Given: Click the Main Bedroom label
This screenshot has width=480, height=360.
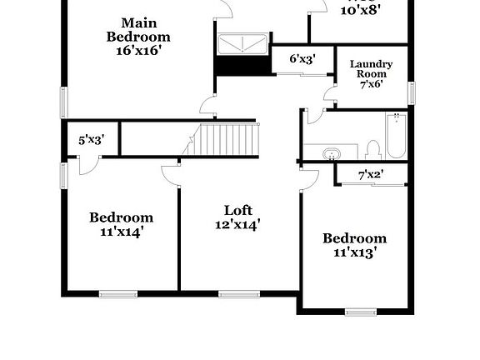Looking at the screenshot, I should click(x=138, y=29).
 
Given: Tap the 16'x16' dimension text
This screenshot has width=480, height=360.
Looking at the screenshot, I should click(x=138, y=50).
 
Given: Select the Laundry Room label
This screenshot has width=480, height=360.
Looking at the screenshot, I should click(x=371, y=68).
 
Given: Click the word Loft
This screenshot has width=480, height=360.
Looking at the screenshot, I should click(x=237, y=210).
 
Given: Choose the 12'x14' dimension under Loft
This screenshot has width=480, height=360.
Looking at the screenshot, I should click(x=237, y=224).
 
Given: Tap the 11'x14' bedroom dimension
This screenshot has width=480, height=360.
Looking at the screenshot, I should click(x=122, y=232).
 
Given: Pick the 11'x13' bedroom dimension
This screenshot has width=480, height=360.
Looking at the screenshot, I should click(x=355, y=252).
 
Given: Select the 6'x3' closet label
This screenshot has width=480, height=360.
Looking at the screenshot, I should click(x=302, y=59).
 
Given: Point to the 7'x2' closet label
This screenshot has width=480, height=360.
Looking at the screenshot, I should click(x=370, y=175).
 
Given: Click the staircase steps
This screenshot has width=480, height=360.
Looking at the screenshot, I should click(x=228, y=137).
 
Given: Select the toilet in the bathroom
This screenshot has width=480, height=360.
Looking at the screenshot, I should click(x=372, y=150).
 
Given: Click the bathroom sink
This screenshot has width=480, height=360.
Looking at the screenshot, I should click(x=332, y=153).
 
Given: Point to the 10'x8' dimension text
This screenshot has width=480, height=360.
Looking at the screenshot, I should click(x=362, y=8).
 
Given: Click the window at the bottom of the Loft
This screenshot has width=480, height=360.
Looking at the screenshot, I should click(x=237, y=293).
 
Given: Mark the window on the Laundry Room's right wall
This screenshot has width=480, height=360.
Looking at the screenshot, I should click(x=411, y=92).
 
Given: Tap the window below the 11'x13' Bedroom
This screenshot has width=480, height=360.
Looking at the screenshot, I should click(x=362, y=312).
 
